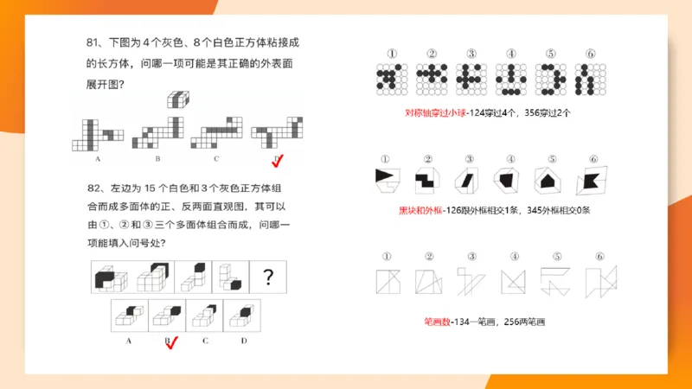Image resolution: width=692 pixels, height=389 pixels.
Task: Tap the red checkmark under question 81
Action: click(278, 161)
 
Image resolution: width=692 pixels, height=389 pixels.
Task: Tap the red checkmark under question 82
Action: click(171, 343)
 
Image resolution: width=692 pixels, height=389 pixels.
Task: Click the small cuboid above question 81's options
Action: click(178, 100)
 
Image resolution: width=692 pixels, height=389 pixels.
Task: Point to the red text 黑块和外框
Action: click(416, 210)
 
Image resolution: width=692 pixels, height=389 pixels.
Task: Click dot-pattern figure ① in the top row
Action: click(390, 80)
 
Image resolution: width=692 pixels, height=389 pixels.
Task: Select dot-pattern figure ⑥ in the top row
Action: click(590, 80)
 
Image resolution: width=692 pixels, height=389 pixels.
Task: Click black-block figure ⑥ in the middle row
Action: click(590, 180)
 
